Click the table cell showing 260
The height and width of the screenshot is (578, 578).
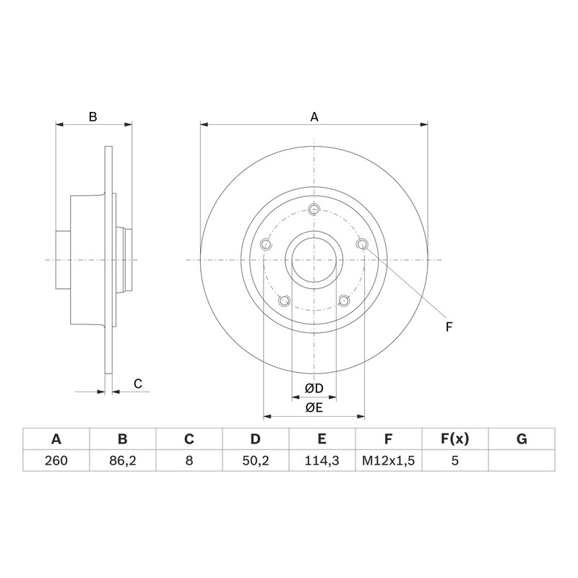pos(56,460)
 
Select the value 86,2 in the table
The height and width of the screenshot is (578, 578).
pos(122,461)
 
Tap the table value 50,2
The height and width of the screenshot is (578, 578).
pos(256,461)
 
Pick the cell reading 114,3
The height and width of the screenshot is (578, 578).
pos(322,461)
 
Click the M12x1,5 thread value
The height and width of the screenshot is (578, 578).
pos(389,461)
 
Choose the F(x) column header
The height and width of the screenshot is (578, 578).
pos(455,439)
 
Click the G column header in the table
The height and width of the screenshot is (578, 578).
pos(522,439)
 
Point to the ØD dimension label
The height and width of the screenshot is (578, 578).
pos(314,388)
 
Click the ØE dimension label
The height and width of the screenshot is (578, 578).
pos(314,407)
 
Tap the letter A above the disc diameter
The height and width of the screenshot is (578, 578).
pos(314,117)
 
